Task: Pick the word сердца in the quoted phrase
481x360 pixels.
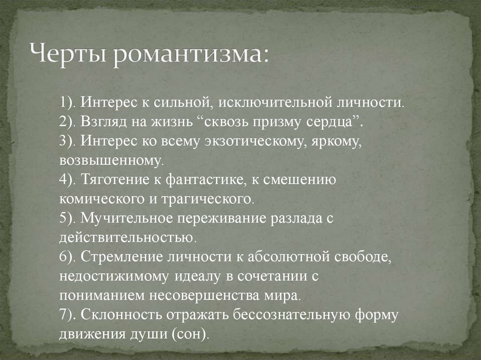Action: (339, 122)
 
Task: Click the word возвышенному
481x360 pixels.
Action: (111, 161)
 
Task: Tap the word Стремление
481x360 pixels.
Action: (123, 257)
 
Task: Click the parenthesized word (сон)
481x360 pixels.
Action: (190, 334)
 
